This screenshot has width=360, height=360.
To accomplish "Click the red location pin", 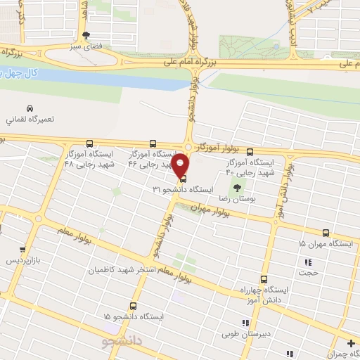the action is coord(181,166).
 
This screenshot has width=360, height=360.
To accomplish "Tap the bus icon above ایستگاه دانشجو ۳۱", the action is coord(184,179).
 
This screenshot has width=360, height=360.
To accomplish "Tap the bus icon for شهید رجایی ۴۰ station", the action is coord(250,151).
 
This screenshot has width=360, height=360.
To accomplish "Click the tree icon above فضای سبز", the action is coord(86,34).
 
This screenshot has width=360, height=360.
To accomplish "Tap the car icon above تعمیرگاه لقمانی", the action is coord(29,109).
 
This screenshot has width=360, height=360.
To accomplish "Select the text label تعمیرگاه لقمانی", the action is coord(29,120).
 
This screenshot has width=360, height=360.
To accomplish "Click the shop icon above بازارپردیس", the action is coord(22,250).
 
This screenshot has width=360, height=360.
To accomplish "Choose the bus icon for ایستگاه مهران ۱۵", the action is coord(326,233).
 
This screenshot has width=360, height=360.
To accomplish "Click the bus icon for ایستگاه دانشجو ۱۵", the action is coord(134,306).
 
